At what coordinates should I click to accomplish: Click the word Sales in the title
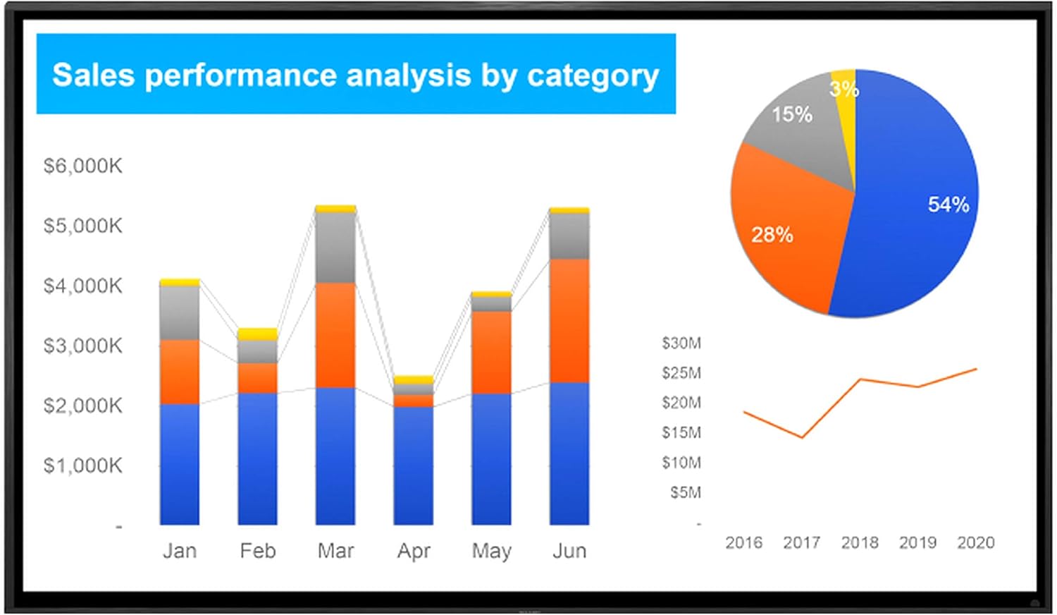93,75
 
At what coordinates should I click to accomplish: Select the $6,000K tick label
82,166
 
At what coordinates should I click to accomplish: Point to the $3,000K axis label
82,346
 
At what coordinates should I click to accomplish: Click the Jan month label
180,551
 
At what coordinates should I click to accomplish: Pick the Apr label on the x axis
414,551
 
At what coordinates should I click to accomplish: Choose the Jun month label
569,551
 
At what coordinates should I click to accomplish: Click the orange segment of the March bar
335,335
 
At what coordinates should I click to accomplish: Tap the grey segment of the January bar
180,312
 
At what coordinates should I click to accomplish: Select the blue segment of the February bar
258,458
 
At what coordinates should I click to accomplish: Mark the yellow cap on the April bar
414,380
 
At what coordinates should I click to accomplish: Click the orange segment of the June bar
569,321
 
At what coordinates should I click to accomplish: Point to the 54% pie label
948,205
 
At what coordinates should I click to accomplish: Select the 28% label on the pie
772,235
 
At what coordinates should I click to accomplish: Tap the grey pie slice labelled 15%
803,134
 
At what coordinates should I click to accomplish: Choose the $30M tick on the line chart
681,343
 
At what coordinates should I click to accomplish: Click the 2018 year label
860,542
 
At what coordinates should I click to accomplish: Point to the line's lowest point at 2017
802,437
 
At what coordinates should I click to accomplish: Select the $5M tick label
686,492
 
